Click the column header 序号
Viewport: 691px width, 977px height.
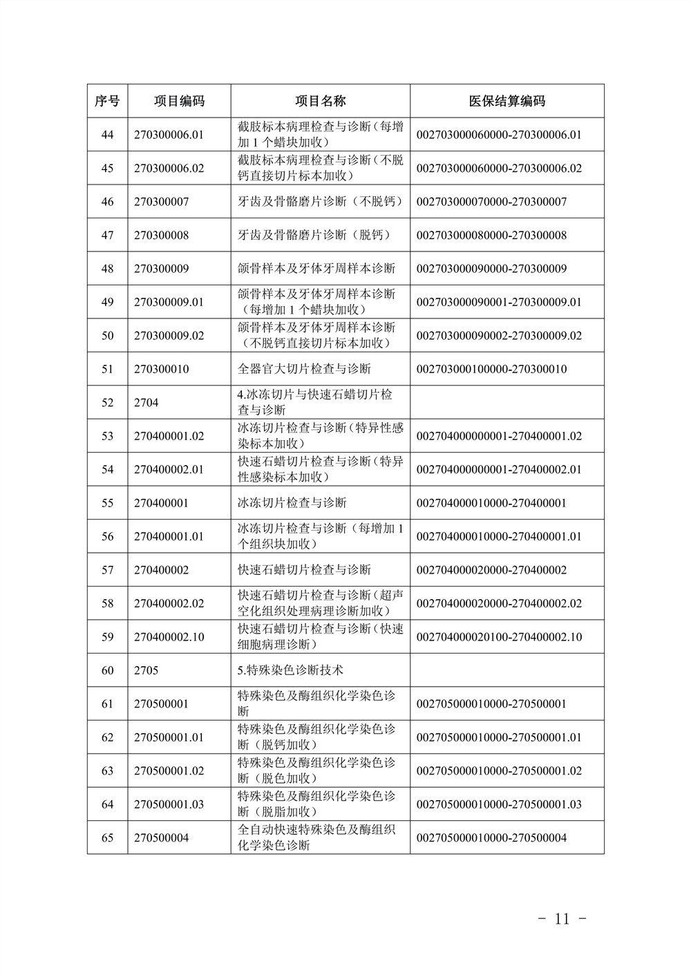[x=107, y=101]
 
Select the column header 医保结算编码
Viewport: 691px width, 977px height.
[x=507, y=101]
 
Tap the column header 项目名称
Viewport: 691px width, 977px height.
[x=320, y=101]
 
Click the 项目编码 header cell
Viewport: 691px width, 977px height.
[x=179, y=101]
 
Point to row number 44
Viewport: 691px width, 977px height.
[x=107, y=134]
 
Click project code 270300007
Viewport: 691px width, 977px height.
[x=161, y=202]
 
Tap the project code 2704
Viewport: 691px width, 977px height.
[x=146, y=403]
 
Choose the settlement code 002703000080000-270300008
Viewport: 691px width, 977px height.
[x=491, y=235]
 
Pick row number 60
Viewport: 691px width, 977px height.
[x=107, y=670]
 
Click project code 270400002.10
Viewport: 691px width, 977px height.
[x=169, y=637]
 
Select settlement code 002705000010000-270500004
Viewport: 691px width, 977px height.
[x=491, y=838]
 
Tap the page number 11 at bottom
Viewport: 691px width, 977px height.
[x=562, y=919]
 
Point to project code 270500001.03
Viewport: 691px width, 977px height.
[x=169, y=804]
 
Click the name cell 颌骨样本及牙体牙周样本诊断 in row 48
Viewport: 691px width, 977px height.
[x=316, y=269]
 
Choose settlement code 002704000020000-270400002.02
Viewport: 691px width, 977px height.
[x=499, y=603]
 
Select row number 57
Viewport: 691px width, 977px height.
[x=107, y=570]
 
